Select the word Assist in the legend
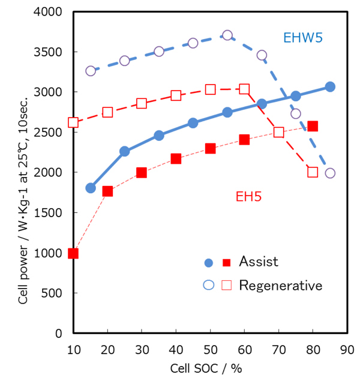pos(259,262)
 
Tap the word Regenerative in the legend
pos(280,285)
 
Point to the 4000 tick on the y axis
pos(50,12)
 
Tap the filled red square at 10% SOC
pos(73,253)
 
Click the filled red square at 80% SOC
pos(313,127)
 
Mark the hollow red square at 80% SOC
pos(313,172)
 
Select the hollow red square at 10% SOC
pos(73,122)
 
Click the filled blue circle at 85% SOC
pos(330,87)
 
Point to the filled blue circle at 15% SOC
pos(91,188)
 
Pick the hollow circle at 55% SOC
pos(227,35)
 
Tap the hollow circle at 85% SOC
pos(330,173)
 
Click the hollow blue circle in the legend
pos(208,285)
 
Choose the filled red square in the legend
pos(226,262)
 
